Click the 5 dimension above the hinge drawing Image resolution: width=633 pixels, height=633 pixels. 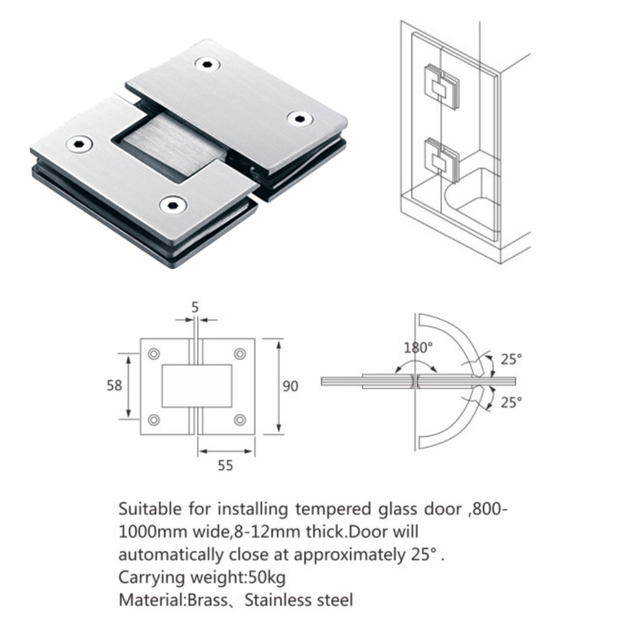coord(195,307)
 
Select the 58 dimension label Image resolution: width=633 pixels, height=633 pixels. coord(115,385)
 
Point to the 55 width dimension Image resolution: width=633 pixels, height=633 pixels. coord(225,465)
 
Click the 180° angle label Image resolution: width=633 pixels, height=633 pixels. coord(418,348)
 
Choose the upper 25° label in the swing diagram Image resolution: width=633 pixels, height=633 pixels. coord(511,359)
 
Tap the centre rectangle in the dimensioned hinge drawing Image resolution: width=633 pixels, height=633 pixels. coord(196,385)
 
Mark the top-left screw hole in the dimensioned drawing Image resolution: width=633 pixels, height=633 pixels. coord(154,353)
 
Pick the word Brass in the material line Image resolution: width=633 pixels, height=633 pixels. coord(206,599)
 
